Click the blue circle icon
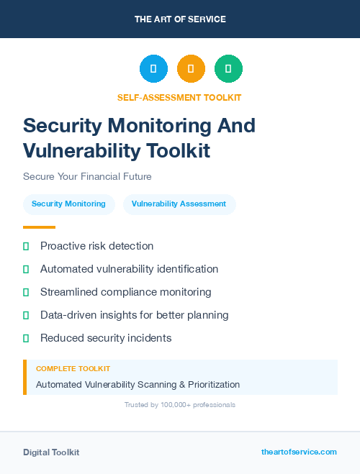153,69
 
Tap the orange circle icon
191,69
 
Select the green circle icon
228,69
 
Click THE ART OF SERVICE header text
180,19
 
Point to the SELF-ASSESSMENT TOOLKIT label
179,97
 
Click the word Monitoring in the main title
153,125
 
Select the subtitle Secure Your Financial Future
87,176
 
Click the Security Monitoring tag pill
68,204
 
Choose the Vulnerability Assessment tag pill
179,204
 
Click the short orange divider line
39,227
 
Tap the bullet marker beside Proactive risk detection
26,246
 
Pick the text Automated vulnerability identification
129,269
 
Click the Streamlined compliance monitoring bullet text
125,292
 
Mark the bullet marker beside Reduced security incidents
26,338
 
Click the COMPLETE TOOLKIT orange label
73,368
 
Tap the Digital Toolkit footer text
51,452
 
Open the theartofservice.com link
299,452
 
